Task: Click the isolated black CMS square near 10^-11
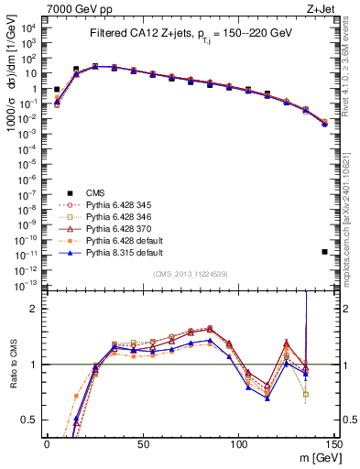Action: [325, 251]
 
